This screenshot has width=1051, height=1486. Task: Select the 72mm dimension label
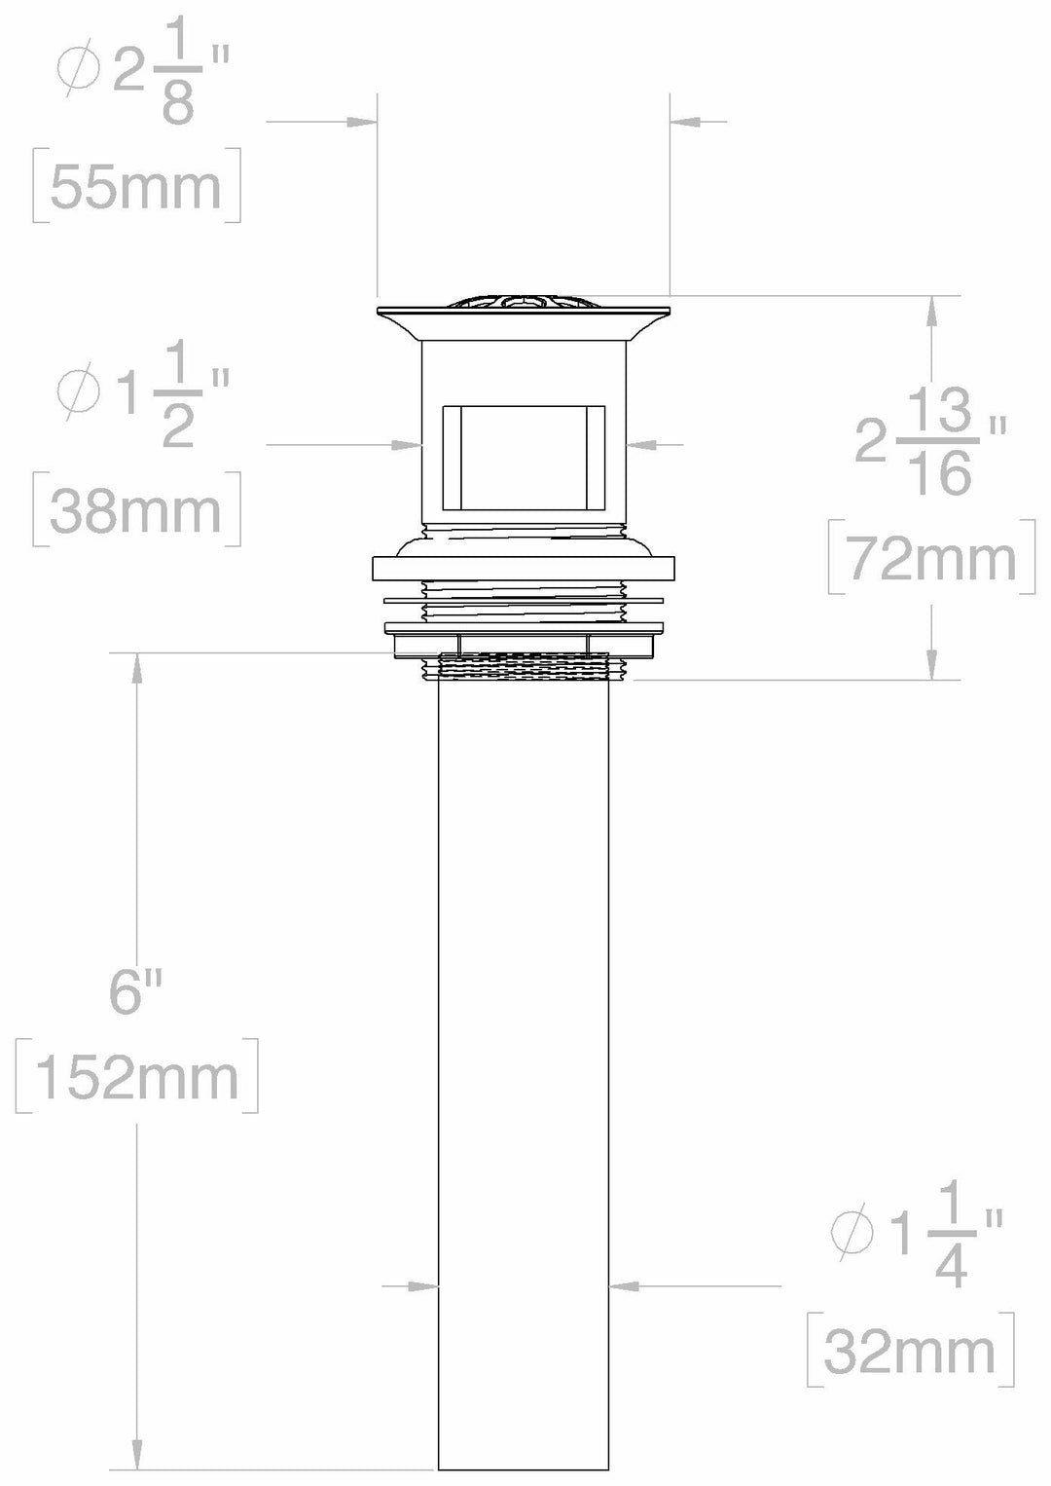(x=931, y=559)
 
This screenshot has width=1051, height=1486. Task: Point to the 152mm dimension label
(x=137, y=1076)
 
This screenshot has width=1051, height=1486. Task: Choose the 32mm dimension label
(x=910, y=1351)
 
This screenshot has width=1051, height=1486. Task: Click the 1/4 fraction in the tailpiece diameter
(x=951, y=1236)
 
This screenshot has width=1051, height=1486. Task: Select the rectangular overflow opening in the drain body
(x=524, y=457)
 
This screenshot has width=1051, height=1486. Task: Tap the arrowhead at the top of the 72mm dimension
(x=932, y=310)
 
